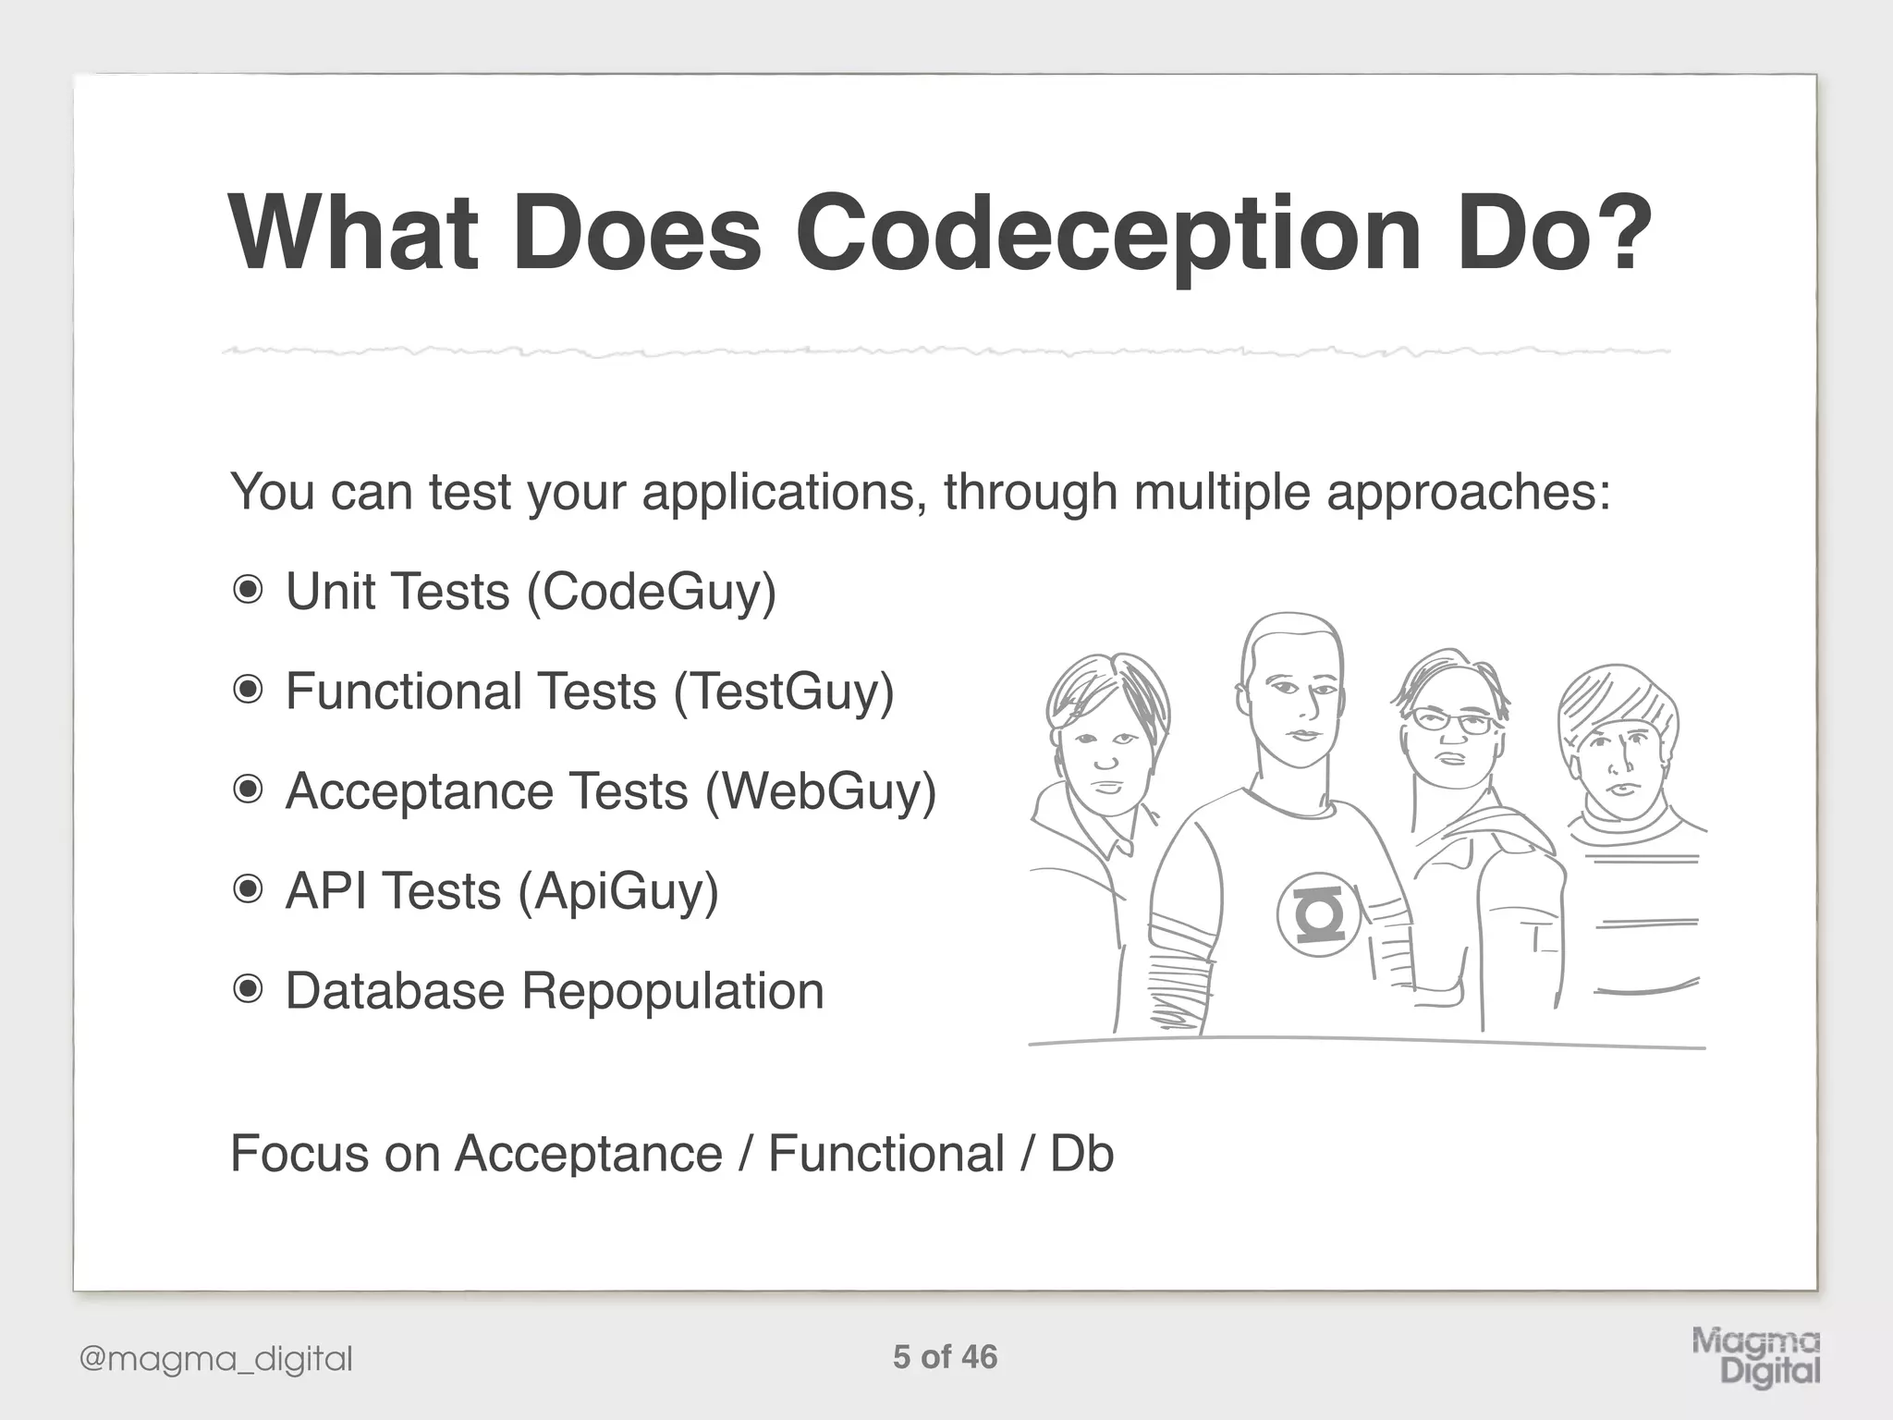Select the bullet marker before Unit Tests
[x=248, y=590]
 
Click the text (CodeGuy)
[x=652, y=592]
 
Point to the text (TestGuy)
[x=784, y=692]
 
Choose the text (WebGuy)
[x=821, y=792]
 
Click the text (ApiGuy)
[x=617, y=892]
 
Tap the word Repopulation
[x=672, y=991]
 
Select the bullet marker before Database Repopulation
[x=248, y=990]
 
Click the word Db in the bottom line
[x=1081, y=1154]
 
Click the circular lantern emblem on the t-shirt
[x=1318, y=913]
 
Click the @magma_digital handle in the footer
[x=216, y=1359]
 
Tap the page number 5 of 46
[x=945, y=1357]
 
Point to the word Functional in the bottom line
[x=885, y=1154]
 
